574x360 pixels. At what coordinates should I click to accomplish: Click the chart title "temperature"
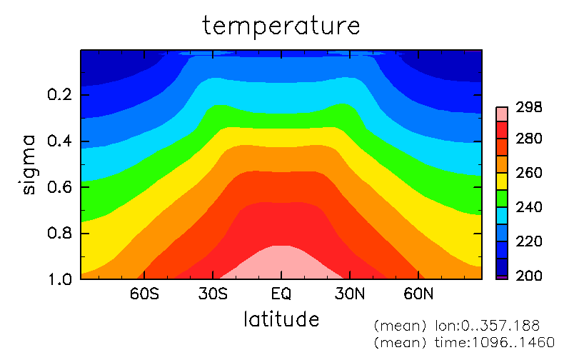(x=281, y=26)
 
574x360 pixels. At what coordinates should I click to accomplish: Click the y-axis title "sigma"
(x=28, y=165)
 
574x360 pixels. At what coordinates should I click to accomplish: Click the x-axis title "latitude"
(x=281, y=319)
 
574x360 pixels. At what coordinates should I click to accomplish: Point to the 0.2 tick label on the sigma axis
(x=59, y=94)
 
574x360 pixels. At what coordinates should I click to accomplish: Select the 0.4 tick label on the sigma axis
(x=59, y=141)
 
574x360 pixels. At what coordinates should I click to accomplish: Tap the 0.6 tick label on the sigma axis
(x=59, y=186)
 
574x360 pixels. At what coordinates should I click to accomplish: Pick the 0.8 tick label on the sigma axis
(x=59, y=233)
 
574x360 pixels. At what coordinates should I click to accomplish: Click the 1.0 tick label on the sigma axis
(x=59, y=279)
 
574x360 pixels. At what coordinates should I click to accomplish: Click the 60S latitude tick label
(x=144, y=294)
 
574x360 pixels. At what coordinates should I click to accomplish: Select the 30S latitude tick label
(x=213, y=294)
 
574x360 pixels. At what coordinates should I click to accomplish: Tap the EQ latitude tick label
(x=281, y=294)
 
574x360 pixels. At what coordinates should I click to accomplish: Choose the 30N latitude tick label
(x=350, y=294)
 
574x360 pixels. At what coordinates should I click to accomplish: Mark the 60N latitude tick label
(x=418, y=294)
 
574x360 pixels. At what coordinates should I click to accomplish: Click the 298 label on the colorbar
(x=528, y=107)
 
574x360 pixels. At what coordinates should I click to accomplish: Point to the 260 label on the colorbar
(x=528, y=172)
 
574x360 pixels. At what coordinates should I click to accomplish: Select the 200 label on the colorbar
(x=528, y=276)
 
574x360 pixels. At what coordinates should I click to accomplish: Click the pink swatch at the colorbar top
(x=502, y=114)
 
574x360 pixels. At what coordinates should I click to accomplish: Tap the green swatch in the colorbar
(x=502, y=199)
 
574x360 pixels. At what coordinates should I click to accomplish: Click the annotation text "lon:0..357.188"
(x=487, y=325)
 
